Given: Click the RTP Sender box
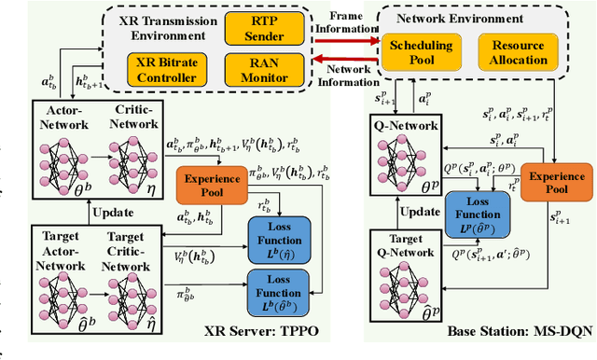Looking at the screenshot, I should coord(264,28).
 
